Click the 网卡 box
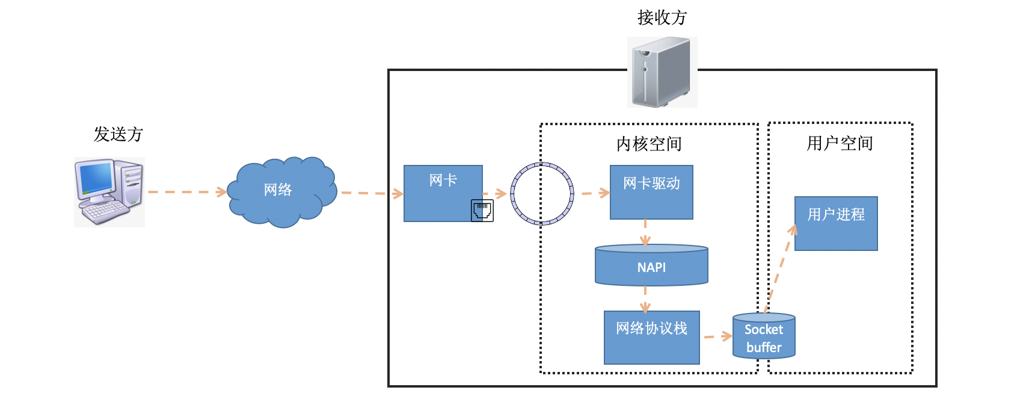tap(443, 193)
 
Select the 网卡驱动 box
tap(651, 192)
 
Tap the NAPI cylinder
tap(651, 265)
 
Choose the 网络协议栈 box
tap(652, 337)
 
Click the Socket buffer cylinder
tap(764, 336)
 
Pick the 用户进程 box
tap(836, 223)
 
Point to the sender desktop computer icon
tap(109, 192)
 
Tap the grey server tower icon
tap(662, 72)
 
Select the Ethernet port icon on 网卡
tap(482, 211)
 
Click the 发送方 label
tap(118, 134)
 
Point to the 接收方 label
tap(662, 17)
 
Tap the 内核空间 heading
tap(649, 144)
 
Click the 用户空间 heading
tap(840, 143)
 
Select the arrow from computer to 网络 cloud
tap(187, 192)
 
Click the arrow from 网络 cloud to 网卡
tap(372, 193)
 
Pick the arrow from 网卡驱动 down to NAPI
tap(645, 233)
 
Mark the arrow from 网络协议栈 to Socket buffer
tap(718, 336)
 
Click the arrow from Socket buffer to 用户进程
tap(781, 269)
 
